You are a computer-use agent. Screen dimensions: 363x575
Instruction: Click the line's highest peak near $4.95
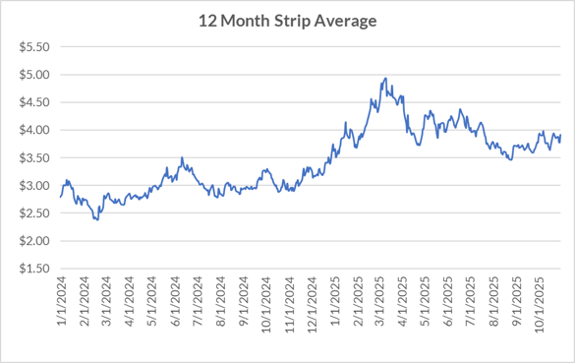pyautogui.click(x=385, y=78)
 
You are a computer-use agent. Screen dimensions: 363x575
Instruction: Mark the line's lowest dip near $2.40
pyautogui.click(x=96, y=219)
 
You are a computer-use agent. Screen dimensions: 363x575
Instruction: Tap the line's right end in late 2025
pyautogui.click(x=560, y=135)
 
